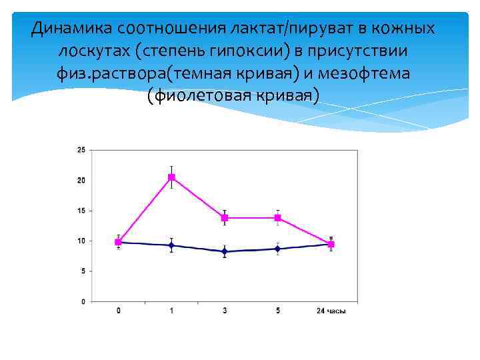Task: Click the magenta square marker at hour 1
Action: [x=171, y=177]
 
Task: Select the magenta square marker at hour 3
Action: [x=225, y=218]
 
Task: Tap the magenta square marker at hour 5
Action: [x=277, y=218]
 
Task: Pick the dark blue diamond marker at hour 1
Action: [x=171, y=245]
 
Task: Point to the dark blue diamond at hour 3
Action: [x=225, y=251]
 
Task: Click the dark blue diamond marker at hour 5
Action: [x=277, y=249]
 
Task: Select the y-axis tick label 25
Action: [x=81, y=150]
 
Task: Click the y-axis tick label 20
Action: [x=81, y=181]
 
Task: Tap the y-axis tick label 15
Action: [x=81, y=211]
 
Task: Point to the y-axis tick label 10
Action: [x=81, y=241]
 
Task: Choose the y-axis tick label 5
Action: [x=83, y=271]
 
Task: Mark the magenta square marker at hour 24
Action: [x=331, y=245]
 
